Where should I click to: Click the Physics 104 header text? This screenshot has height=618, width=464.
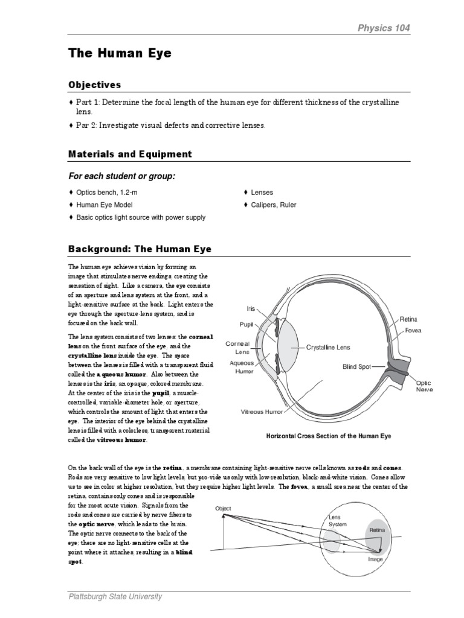tap(385, 28)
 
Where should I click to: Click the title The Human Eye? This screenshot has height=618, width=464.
tap(120, 54)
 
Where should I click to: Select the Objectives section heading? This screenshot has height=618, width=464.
tap(94, 85)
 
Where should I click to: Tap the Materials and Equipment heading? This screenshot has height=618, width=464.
tap(130, 154)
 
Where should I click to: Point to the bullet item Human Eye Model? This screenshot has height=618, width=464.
tap(103, 205)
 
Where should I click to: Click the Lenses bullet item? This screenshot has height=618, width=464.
tap(262, 193)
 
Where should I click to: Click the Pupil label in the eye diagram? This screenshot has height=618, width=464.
tap(246, 324)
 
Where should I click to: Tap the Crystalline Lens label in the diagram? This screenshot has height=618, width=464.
tap(328, 348)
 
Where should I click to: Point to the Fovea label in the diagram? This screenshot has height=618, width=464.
tap(414, 331)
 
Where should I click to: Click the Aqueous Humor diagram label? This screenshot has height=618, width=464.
tap(242, 368)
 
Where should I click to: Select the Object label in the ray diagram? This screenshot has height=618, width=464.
tap(223, 509)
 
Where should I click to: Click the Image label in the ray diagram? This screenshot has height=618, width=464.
tap(376, 559)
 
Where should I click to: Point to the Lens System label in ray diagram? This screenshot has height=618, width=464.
tap(338, 521)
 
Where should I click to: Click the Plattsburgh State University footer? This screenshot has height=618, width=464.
tap(115, 597)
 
